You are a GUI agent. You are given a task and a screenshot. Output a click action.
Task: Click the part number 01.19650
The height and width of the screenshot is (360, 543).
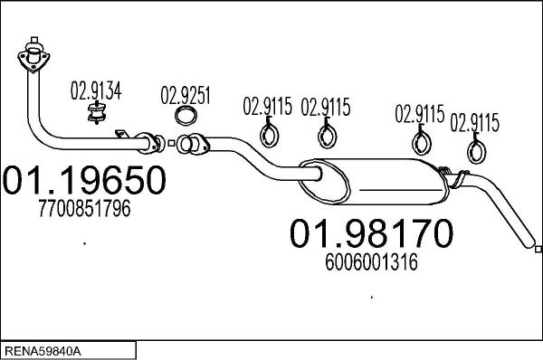pos(86,181)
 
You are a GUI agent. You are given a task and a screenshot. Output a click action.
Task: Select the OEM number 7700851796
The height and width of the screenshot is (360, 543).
pos(85,210)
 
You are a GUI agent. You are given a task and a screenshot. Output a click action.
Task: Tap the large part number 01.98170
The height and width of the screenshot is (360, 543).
pos(370,234)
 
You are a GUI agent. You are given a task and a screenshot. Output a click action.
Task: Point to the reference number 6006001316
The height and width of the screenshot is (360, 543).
pos(370,262)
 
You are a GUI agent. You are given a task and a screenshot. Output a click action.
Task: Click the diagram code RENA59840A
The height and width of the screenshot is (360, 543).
pos(44,349)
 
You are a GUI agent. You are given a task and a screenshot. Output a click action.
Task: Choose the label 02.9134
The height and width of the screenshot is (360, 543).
pos(96,90)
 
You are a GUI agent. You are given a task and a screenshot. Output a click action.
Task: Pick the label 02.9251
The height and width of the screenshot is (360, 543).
pos(186,93)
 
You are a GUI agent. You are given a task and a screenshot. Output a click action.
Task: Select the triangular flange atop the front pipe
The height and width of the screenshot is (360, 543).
pos(33,55)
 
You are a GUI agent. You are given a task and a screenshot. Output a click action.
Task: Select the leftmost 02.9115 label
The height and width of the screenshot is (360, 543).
pos(267,107)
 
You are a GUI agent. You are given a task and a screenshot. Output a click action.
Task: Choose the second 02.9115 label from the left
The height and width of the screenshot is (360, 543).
pos(325,107)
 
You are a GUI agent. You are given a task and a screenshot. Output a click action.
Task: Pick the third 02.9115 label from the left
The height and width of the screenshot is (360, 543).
pos(419,114)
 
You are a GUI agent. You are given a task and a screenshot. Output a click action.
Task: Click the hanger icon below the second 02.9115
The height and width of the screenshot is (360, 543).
pos(326,136)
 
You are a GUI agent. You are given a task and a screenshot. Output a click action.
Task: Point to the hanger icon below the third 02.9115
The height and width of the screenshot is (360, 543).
pos(420,142)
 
